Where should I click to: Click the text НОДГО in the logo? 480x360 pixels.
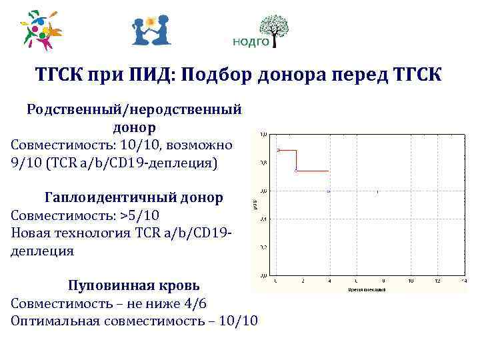(x=250, y=42)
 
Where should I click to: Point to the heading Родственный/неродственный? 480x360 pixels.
(x=133, y=109)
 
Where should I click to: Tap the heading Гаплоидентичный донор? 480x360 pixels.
(x=133, y=198)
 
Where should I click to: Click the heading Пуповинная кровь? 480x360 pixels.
(x=133, y=285)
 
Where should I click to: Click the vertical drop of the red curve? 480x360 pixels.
(x=295, y=161)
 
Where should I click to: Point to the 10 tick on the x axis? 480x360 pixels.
(x=410, y=281)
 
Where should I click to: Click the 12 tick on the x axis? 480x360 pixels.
(x=437, y=281)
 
